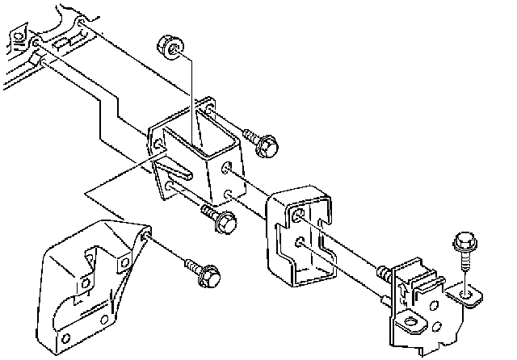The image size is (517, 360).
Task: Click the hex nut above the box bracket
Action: pyautogui.click(x=170, y=46)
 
